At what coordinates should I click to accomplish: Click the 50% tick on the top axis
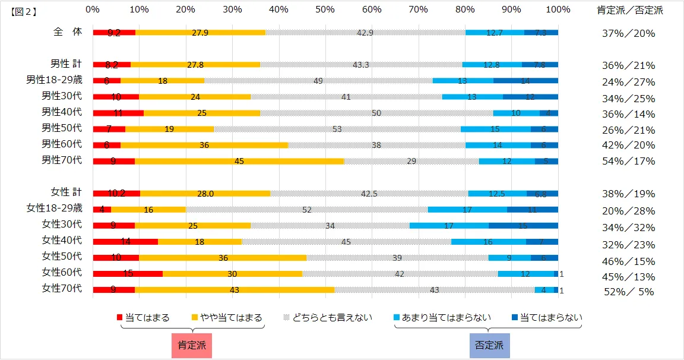point(325,10)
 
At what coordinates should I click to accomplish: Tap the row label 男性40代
point(66,111)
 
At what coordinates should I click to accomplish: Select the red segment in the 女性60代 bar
point(128,274)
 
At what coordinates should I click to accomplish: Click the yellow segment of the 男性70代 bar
point(239,161)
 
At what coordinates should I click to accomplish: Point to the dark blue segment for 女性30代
point(523,226)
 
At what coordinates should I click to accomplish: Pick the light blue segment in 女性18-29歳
point(467,210)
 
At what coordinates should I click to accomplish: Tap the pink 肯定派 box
point(192,345)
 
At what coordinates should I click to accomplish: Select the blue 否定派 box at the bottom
point(489,345)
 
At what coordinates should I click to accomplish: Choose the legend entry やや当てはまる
point(227,317)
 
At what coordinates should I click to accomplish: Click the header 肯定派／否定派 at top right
point(630,10)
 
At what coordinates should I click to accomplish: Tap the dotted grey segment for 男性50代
point(337,129)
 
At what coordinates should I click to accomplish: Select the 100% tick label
point(558,10)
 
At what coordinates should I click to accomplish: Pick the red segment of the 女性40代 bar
point(125,242)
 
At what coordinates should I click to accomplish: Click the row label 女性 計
point(66,192)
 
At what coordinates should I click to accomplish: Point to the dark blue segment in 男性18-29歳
point(525,80)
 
